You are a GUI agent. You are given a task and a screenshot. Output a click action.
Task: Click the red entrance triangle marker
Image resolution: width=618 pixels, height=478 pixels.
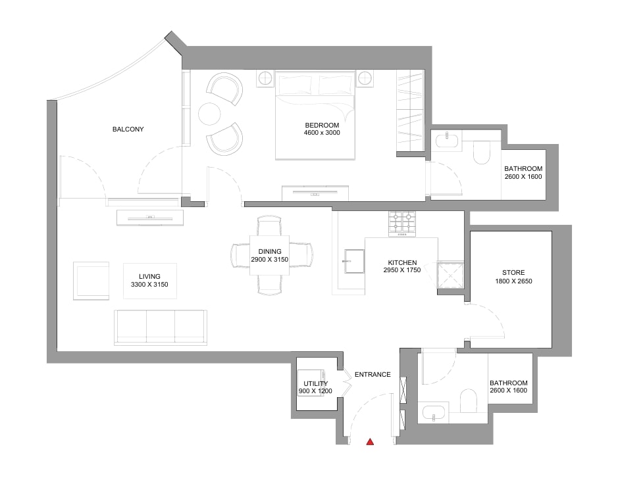click(x=370, y=442)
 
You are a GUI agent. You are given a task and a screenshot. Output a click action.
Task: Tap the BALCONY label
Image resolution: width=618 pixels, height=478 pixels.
click(x=128, y=129)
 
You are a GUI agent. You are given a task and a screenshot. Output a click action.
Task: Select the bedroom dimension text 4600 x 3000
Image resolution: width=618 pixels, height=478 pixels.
click(x=322, y=133)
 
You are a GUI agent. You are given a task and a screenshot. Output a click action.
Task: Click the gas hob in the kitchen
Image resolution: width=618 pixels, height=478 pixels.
click(x=402, y=224)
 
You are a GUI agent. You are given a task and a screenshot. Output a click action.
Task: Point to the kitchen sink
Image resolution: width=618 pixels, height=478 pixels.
click(x=354, y=261)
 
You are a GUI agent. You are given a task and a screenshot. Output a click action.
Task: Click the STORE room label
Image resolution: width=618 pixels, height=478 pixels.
click(x=513, y=272)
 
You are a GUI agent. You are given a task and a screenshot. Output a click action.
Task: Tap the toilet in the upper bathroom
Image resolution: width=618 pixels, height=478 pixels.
click(x=481, y=153)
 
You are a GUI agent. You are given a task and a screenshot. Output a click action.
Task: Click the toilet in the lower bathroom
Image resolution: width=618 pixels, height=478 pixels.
click(x=468, y=401)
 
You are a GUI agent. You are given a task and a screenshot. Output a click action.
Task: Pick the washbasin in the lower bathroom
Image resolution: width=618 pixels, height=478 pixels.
click(x=434, y=413)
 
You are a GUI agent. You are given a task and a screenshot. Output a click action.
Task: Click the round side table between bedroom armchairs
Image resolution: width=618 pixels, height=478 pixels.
click(x=209, y=114)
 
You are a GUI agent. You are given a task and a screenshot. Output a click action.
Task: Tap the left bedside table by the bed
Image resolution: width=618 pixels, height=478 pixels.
click(x=265, y=78)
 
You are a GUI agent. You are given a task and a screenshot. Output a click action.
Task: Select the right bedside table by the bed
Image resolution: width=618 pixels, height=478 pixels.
click(x=365, y=78)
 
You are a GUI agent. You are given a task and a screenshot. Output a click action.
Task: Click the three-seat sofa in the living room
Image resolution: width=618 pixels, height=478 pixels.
click(x=161, y=327)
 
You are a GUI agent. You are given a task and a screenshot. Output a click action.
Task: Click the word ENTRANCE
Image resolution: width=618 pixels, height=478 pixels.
click(x=373, y=375)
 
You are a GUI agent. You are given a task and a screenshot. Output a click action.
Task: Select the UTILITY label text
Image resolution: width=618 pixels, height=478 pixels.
click(x=315, y=383)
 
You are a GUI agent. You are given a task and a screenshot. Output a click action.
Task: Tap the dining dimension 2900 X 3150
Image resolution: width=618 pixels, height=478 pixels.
click(x=270, y=260)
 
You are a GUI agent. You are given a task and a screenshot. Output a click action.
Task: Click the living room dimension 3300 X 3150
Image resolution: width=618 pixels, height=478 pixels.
click(x=149, y=285)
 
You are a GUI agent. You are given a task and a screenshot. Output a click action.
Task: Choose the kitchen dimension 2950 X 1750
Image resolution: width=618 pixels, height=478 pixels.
click(x=402, y=270)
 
